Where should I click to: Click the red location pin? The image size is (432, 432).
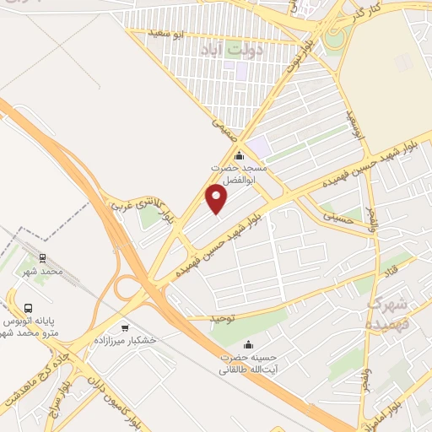pos(217,199)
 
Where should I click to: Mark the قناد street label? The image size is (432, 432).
pos(391,273)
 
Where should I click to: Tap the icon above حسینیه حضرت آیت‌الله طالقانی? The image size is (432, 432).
pos(248,344)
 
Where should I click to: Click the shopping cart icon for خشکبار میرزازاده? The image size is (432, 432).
pos(125,328)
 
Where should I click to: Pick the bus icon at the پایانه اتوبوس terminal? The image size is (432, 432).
pos(30,309)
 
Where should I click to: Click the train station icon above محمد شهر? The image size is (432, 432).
pos(42,259)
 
